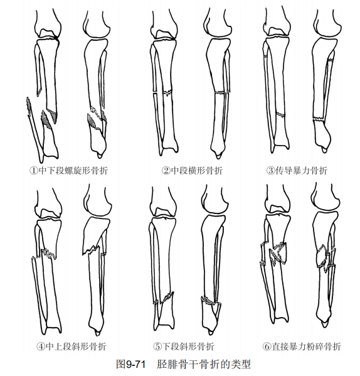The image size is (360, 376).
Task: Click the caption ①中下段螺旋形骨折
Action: [68, 171]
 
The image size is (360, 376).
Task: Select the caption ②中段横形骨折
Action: [192, 171]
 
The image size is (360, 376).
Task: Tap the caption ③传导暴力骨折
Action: [297, 171]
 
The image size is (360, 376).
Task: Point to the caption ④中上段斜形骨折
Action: [71, 346]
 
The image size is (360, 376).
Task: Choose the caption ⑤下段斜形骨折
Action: [184, 346]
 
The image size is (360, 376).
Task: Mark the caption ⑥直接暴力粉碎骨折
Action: [302, 346]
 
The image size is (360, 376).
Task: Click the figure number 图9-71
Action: [131, 364]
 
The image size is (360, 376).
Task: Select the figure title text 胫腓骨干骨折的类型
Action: [204, 364]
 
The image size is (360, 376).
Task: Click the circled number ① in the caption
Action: [33, 171]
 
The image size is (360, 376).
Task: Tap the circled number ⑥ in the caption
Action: [267, 346]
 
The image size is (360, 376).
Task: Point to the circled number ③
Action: [270, 171]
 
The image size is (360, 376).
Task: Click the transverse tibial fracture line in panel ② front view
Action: [167, 92]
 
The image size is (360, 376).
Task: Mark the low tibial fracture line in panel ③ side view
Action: [319, 119]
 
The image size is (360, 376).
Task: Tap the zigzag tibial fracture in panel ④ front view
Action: [49, 254]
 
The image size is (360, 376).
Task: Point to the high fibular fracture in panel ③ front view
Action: [265, 56]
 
